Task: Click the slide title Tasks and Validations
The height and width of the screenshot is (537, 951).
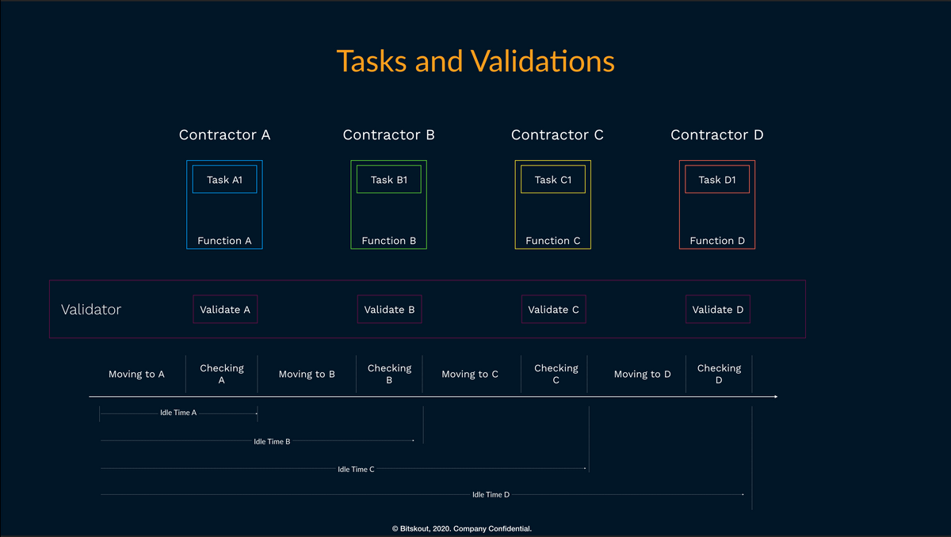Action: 475,62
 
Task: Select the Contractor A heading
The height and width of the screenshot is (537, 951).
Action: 224,135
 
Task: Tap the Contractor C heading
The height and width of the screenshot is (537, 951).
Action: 557,135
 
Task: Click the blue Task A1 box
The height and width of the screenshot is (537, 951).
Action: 224,180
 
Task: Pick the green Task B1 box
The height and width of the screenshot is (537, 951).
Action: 389,180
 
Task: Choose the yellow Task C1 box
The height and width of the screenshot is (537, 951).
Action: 553,180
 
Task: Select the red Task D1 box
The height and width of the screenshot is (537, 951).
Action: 717,180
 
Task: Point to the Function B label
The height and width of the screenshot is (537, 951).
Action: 389,241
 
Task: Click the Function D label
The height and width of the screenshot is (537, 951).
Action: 717,241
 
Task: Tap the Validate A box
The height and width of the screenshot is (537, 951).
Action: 225,309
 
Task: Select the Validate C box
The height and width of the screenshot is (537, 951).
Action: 554,309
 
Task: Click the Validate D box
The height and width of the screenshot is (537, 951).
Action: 718,309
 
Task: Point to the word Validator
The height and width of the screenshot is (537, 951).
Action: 91,310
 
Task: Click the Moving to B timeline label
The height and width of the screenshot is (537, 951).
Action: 307,374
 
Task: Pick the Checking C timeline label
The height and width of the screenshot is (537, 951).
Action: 556,374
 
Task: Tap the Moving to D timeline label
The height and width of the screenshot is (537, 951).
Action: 643,374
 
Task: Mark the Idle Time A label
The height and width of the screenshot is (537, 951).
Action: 178,413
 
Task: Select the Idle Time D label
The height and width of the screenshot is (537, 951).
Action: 491,494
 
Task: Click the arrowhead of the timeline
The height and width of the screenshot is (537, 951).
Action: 776,397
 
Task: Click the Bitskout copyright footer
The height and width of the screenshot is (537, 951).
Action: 462,528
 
